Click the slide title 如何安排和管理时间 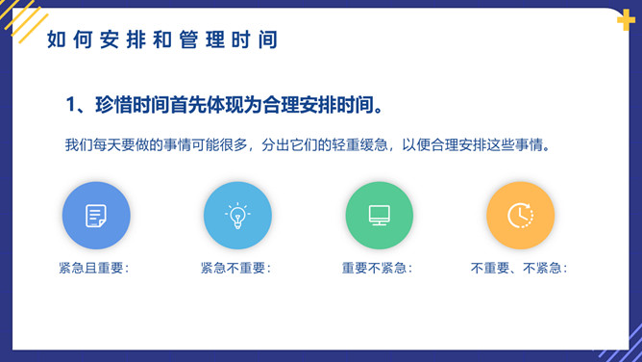(x=161, y=39)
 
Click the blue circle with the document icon (x=96, y=216)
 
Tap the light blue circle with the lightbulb (x=237, y=216)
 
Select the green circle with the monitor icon (x=379, y=216)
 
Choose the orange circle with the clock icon (x=520, y=216)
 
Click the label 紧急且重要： (x=94, y=269)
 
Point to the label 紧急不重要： (x=236, y=269)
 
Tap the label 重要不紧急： (x=378, y=269)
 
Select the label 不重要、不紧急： (x=519, y=269)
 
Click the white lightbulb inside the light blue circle (x=237, y=215)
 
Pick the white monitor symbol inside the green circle (x=379, y=216)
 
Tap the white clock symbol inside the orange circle (x=520, y=216)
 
